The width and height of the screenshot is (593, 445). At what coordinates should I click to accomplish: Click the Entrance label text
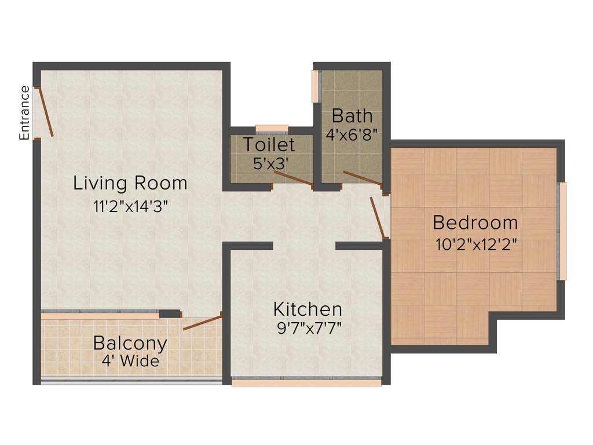(24, 112)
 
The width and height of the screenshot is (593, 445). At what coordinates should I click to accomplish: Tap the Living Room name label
(130, 183)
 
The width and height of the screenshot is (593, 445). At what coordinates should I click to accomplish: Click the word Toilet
(269, 144)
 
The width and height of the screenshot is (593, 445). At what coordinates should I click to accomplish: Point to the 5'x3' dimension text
(269, 163)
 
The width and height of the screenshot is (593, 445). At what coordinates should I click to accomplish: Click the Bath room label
(352, 115)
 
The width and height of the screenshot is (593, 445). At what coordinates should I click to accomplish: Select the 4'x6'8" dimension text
(352, 134)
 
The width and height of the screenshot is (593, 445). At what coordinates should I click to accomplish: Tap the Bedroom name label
(475, 222)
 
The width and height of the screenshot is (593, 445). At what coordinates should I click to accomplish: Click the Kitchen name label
(308, 309)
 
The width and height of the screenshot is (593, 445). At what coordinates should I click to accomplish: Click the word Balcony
(130, 343)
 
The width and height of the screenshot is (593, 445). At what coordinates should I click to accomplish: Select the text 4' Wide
(130, 361)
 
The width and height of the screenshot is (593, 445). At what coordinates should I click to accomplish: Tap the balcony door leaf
(203, 322)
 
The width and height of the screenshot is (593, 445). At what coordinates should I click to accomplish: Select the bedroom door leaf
(378, 217)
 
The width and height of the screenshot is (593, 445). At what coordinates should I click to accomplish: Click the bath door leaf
(362, 178)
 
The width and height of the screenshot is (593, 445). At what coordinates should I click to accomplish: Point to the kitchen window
(306, 382)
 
